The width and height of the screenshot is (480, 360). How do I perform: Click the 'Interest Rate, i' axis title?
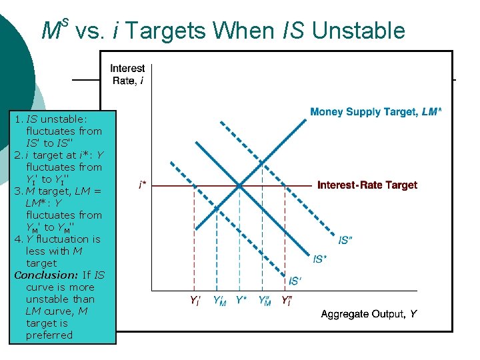[x=127, y=74]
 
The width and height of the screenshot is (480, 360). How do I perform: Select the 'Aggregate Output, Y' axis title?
[x=369, y=313]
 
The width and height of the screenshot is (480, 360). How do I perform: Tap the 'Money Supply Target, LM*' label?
[x=375, y=112]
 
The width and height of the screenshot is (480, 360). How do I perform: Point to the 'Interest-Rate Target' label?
[x=367, y=185]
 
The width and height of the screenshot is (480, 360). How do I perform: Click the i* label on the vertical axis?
[x=143, y=185]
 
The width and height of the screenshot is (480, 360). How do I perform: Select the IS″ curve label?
[x=344, y=240]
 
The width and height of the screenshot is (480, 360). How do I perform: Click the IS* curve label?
[x=320, y=259]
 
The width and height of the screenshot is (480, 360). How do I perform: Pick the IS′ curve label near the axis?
[x=294, y=281]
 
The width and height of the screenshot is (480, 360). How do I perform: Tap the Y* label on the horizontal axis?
[x=241, y=301]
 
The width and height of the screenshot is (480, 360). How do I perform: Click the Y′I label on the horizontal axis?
[x=195, y=301]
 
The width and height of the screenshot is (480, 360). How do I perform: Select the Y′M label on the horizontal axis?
[x=219, y=301]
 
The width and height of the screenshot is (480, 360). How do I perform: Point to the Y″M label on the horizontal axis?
[x=264, y=301]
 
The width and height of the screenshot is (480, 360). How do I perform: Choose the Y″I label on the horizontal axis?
[x=287, y=301]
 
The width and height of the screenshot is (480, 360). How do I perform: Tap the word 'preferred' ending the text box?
[x=49, y=335]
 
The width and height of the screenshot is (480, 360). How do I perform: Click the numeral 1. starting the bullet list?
[x=19, y=119]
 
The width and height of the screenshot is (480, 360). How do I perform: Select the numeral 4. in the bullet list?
[x=19, y=239]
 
